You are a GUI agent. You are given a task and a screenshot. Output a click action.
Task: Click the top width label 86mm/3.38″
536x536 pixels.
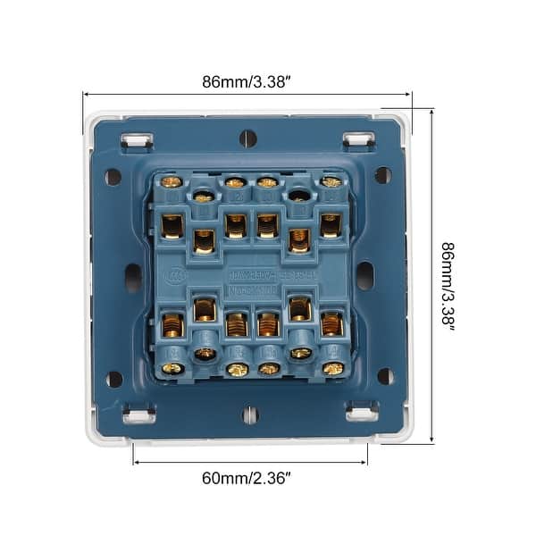click(246, 81)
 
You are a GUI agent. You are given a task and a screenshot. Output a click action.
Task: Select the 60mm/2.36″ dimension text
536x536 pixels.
click(247, 478)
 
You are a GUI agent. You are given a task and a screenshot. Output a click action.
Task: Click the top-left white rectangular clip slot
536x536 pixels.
click(137, 140)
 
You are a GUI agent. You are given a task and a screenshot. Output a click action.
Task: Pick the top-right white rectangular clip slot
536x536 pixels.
click(358, 140)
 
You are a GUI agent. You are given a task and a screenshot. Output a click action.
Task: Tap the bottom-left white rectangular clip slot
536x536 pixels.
click(138, 414)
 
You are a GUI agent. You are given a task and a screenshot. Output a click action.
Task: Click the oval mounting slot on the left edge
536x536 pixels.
click(133, 278)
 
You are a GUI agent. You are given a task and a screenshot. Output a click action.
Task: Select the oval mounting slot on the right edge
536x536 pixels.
click(364, 275)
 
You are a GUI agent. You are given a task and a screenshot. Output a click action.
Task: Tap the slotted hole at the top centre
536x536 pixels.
click(248, 138)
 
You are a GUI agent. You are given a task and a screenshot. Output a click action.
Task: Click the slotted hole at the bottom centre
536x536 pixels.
click(250, 415)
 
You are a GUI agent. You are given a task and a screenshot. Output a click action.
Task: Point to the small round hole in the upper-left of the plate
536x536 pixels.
click(113, 177)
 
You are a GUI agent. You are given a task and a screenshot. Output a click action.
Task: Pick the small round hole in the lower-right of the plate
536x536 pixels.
click(385, 376)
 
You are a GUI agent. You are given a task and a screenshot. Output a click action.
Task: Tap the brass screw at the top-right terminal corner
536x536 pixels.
click(331, 182)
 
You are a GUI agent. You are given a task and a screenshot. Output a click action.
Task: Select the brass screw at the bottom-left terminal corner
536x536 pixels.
click(172, 367)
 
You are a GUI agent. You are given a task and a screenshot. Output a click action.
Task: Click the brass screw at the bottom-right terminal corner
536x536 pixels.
click(332, 367)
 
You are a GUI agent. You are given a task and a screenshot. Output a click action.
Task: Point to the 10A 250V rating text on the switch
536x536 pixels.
click(249, 275)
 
